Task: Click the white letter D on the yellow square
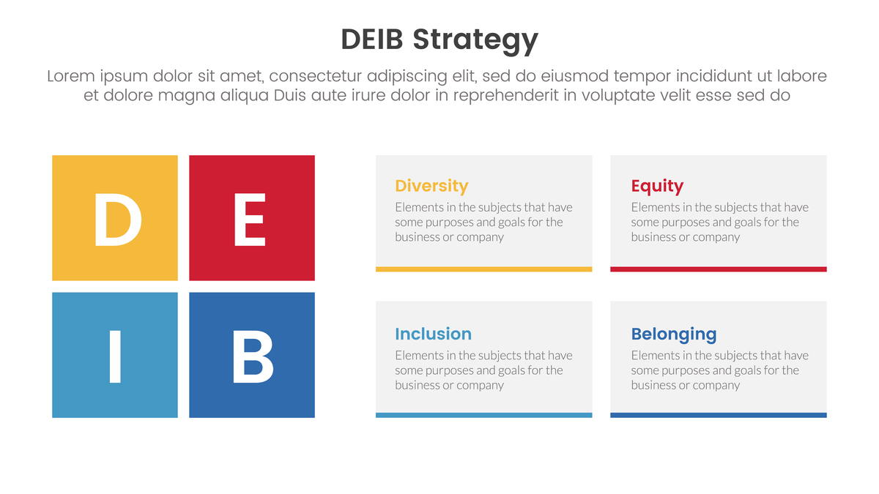coord(117,220)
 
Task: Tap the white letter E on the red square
coord(250,220)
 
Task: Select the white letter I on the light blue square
coord(115,356)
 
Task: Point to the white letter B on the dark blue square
coord(252,356)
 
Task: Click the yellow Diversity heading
coord(431,186)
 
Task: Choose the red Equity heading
coord(657,186)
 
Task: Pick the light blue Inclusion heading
coord(433,334)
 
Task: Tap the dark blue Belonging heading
coord(674,334)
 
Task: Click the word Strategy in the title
coord(475,40)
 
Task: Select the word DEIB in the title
coord(372,40)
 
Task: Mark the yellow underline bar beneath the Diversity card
coord(484,269)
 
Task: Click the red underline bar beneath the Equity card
coord(719,269)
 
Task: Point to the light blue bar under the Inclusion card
coord(484,415)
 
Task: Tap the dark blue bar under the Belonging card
coord(719,415)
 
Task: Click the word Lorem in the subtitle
coord(71,76)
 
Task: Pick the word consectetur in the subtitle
coord(315,76)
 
